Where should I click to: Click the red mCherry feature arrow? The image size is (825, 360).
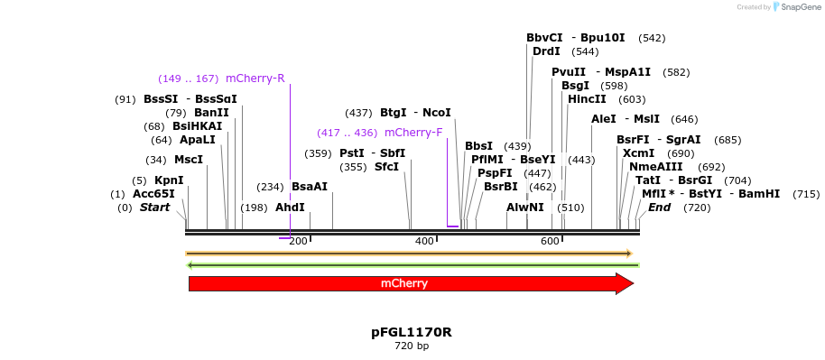pyautogui.click(x=411, y=284)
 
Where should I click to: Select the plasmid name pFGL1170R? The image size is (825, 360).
pyautogui.click(x=412, y=332)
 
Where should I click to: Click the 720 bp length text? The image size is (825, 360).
pyautogui.click(x=412, y=346)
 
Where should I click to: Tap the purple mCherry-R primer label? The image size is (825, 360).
pyautogui.click(x=255, y=78)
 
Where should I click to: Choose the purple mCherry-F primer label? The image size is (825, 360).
pyautogui.click(x=413, y=133)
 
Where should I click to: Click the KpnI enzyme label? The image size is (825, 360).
pyautogui.click(x=169, y=180)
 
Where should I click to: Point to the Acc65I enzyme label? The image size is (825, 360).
pyautogui.click(x=153, y=194)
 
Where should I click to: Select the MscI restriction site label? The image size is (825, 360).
pyautogui.click(x=189, y=160)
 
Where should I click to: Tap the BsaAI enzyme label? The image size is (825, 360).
pyautogui.click(x=310, y=187)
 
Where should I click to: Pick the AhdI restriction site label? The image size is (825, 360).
pyautogui.click(x=290, y=208)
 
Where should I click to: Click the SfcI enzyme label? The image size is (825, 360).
pyautogui.click(x=385, y=167)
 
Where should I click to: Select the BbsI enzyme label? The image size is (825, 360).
pyautogui.click(x=478, y=146)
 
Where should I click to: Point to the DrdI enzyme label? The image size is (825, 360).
pyautogui.click(x=546, y=51)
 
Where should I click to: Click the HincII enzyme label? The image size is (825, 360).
pyautogui.click(x=587, y=99)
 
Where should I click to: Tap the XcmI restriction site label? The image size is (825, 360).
pyautogui.click(x=638, y=153)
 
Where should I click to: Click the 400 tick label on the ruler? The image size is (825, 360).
pyautogui.click(x=424, y=241)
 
